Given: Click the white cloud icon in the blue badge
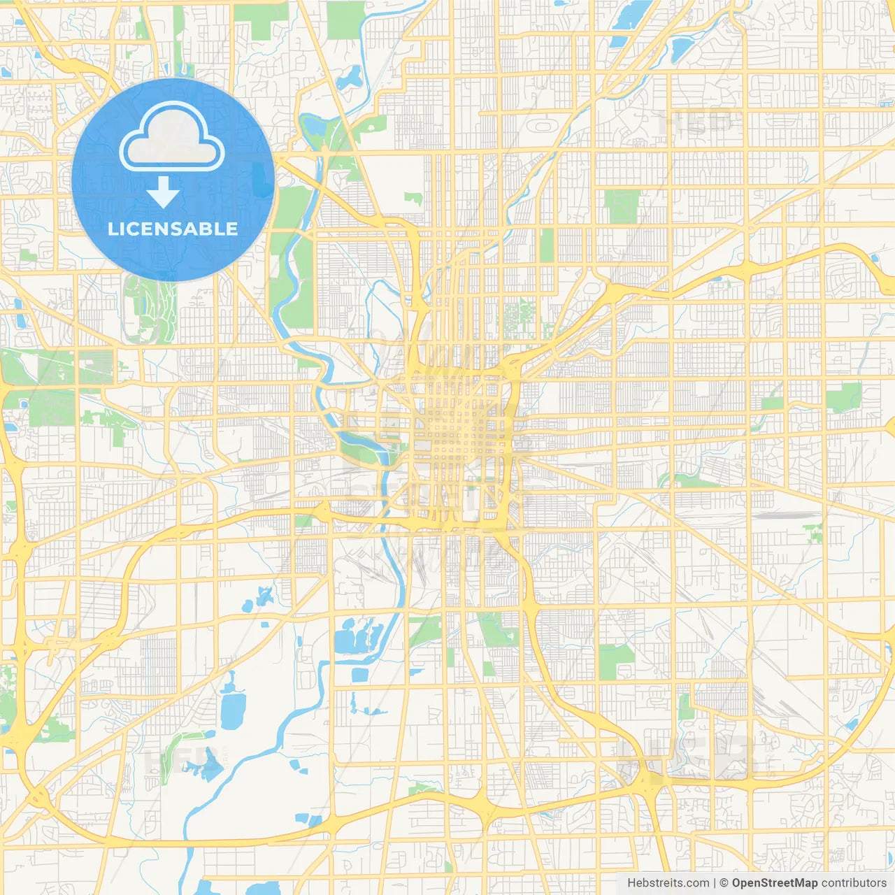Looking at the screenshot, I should (172, 137).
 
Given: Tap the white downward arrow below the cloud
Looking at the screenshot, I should (164, 192).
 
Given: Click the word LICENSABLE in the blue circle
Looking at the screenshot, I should (173, 229).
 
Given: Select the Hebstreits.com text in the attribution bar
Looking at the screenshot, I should (668, 883).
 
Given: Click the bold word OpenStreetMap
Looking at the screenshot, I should (775, 883).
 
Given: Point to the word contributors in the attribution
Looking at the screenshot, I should (854, 883).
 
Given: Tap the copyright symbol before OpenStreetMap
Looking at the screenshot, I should (724, 883).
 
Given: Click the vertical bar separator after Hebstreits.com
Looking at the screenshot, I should (715, 883).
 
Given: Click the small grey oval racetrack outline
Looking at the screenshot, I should (543, 126).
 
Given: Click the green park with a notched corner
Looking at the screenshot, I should (616, 661).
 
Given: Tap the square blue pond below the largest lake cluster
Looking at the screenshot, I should (359, 675).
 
